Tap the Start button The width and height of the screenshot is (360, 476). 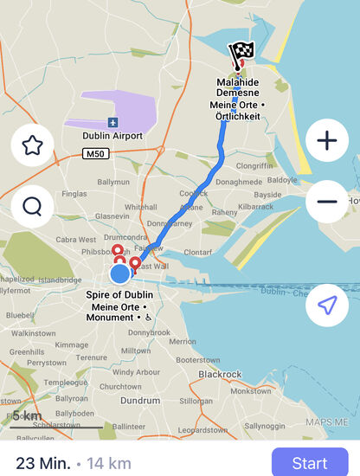tap(310, 462)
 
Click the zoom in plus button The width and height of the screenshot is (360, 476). tap(327, 140)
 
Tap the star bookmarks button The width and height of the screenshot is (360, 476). tap(33, 145)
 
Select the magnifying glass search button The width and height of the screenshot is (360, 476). tap(33, 206)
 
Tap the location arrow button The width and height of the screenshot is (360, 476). tap(327, 305)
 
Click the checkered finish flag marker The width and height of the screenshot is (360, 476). tap(237, 55)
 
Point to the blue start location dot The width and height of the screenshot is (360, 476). tap(120, 274)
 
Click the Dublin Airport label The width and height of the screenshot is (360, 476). tap(112, 136)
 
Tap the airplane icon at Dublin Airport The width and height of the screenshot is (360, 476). tap(112, 122)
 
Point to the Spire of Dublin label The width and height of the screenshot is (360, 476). tap(120, 295)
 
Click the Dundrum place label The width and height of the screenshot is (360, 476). tap(139, 401)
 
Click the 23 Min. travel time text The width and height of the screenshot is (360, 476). tap(43, 463)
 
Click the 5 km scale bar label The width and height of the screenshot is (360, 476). tap(27, 415)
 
